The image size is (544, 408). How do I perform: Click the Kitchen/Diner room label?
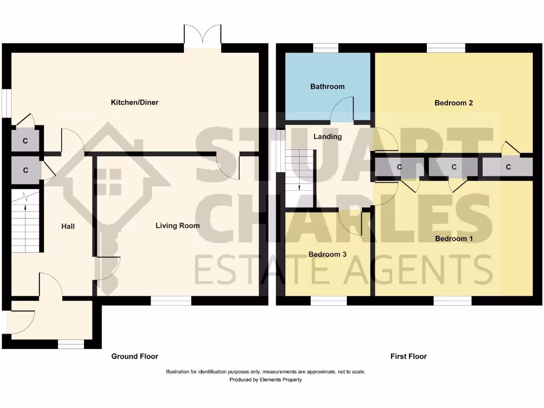click(134, 102)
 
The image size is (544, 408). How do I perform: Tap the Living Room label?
click(177, 226)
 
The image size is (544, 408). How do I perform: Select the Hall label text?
click(68, 226)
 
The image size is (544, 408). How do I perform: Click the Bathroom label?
click(327, 87)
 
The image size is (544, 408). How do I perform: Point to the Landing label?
click(327, 137)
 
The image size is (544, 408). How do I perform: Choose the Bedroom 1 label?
click(454, 239)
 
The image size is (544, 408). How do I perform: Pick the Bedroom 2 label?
click(454, 103)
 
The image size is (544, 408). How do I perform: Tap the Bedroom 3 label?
click(327, 254)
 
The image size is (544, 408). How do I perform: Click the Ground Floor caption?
click(134, 356)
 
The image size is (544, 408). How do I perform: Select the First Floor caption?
click(409, 356)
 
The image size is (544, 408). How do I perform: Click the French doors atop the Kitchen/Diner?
click(202, 37)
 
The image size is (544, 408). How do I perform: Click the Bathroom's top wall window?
click(325, 48)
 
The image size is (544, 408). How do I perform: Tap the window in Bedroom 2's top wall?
click(446, 48)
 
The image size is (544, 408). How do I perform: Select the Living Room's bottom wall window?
click(171, 301)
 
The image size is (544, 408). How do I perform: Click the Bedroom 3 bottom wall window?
click(328, 301)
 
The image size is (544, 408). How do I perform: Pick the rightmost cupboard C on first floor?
click(508, 167)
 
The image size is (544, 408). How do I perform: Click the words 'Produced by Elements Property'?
click(266, 380)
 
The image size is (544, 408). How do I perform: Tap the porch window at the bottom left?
click(71, 345)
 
